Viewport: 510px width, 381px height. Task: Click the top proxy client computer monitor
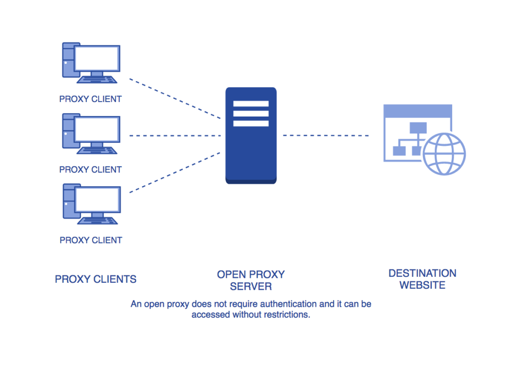[97, 58]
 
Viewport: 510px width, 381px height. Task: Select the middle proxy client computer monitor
[97, 129]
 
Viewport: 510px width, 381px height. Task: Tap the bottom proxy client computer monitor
[97, 200]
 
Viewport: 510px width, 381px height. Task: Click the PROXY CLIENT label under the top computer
[90, 99]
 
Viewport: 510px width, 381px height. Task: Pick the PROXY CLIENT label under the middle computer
[90, 170]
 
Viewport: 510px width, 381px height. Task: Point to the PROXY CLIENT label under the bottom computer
[91, 240]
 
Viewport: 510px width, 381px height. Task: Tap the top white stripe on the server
[251, 104]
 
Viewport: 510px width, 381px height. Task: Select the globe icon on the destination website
[444, 153]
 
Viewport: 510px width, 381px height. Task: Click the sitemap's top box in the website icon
[418, 127]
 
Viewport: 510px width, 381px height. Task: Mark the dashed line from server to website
[326, 135]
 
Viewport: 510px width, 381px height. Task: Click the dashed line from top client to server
[174, 98]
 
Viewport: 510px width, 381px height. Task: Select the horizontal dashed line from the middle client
[174, 135]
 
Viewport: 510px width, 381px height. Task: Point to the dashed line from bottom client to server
[174, 172]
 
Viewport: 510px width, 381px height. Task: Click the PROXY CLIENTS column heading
[96, 279]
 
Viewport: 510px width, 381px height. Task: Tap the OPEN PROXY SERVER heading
[251, 280]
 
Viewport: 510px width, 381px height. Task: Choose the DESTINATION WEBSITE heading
[422, 279]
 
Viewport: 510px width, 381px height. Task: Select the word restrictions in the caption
[285, 315]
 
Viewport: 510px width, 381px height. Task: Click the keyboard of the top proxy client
[98, 79]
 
